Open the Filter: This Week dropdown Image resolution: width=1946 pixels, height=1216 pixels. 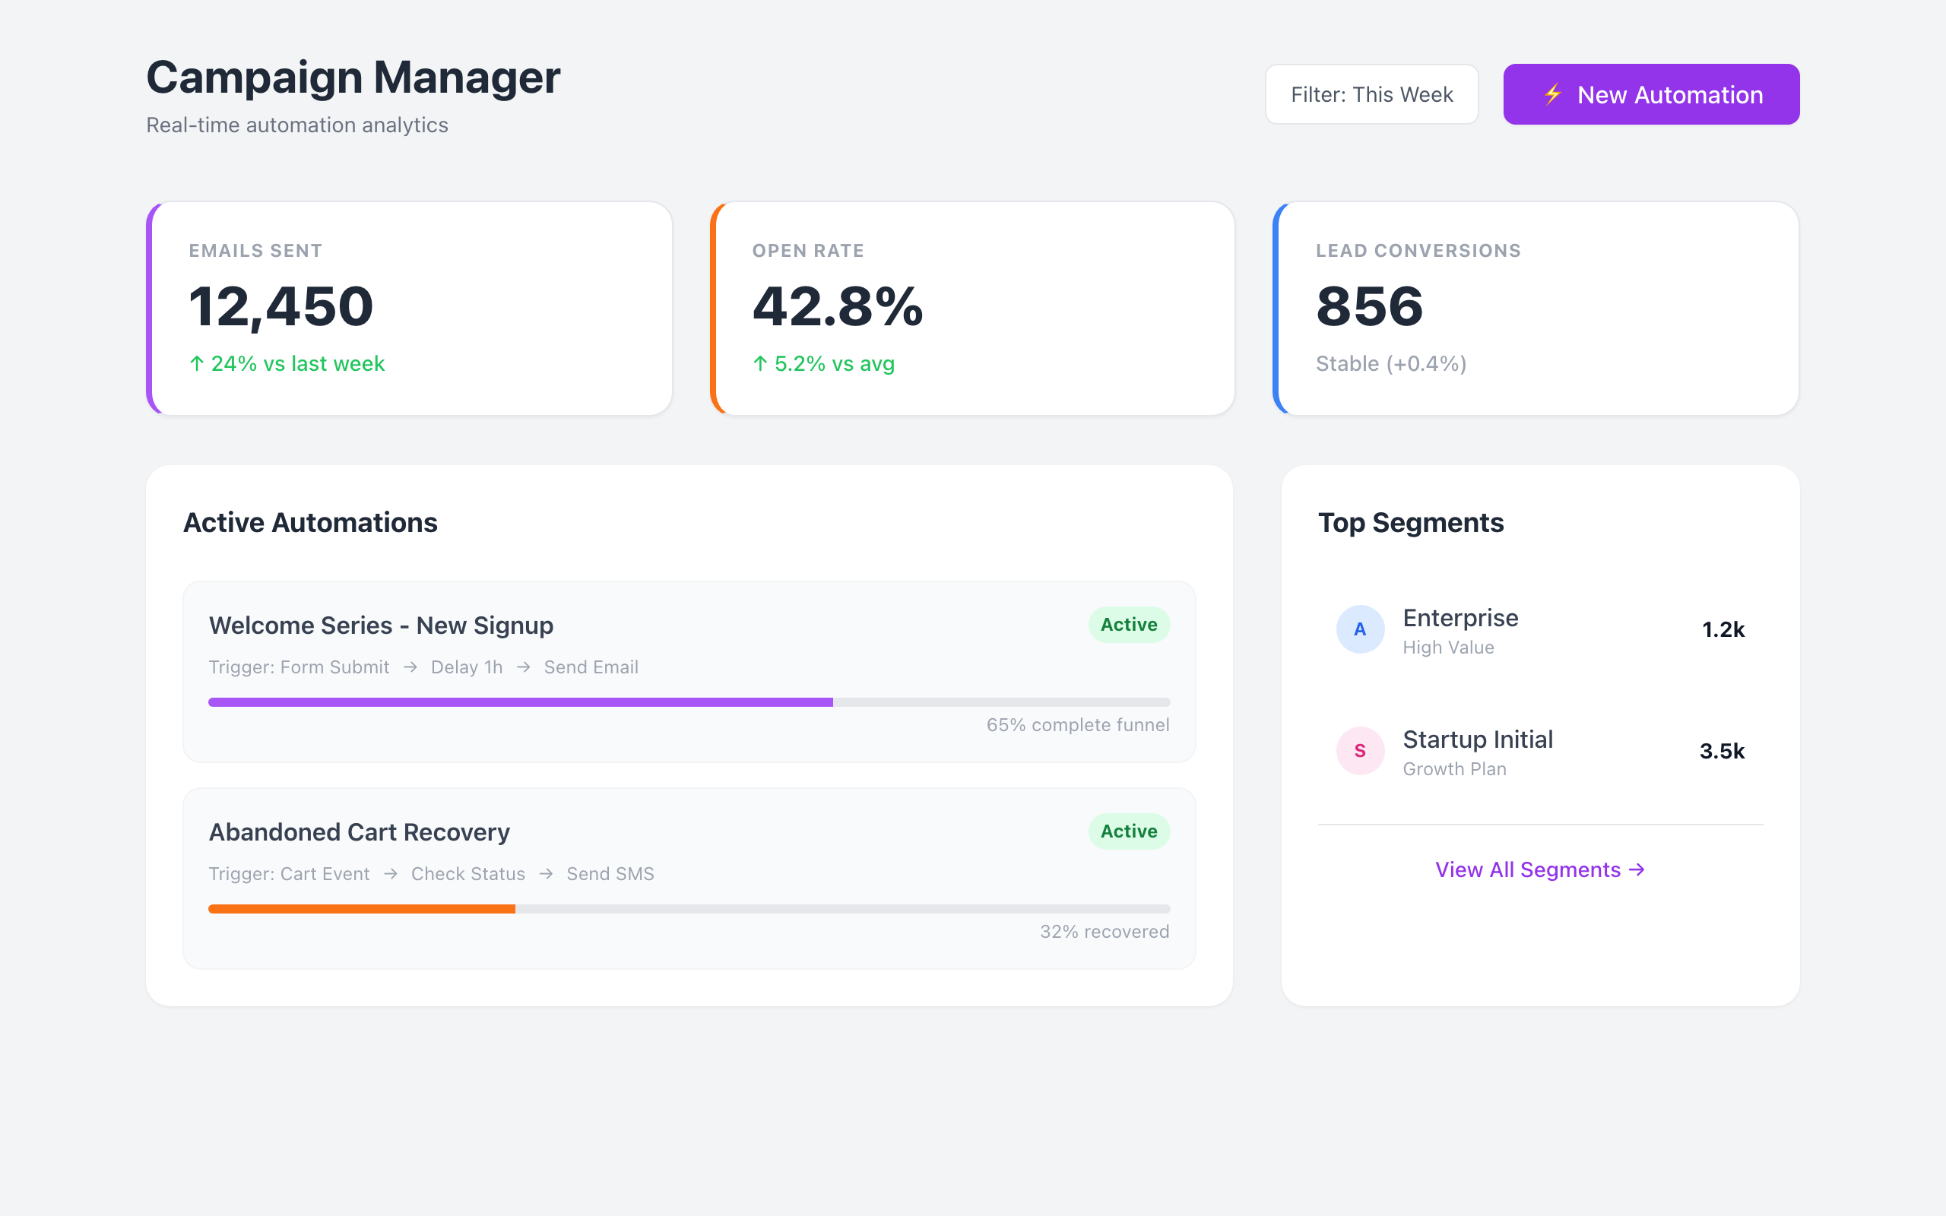pos(1371,94)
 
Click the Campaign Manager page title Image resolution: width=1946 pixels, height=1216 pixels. pos(353,78)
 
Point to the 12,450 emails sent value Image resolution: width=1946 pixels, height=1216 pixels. pos(280,306)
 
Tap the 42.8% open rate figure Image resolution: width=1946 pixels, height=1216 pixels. pos(837,306)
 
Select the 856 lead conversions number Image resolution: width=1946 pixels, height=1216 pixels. pos(1370,306)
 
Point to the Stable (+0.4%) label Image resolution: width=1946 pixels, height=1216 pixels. pos(1390,363)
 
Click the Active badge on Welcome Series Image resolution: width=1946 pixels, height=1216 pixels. pos(1128,625)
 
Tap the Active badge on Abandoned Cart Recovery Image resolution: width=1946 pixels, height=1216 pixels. pos(1128,831)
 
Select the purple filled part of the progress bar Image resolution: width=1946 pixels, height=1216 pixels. pos(520,702)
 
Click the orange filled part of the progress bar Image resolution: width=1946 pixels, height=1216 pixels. pos(361,909)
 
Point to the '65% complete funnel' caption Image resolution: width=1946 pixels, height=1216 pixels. pos(1078,724)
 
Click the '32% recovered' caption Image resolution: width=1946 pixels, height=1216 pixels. pos(1104,931)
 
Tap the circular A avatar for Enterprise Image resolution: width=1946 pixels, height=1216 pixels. pos(1360,629)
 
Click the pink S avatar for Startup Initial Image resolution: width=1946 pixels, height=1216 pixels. pos(1360,750)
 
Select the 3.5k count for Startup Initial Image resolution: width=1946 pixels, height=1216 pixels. pos(1722,751)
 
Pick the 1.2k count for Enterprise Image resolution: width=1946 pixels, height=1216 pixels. pos(1723,630)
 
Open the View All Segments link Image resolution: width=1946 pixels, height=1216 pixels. pos(1539,869)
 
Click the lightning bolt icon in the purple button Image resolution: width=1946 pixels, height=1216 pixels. pos(1552,94)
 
